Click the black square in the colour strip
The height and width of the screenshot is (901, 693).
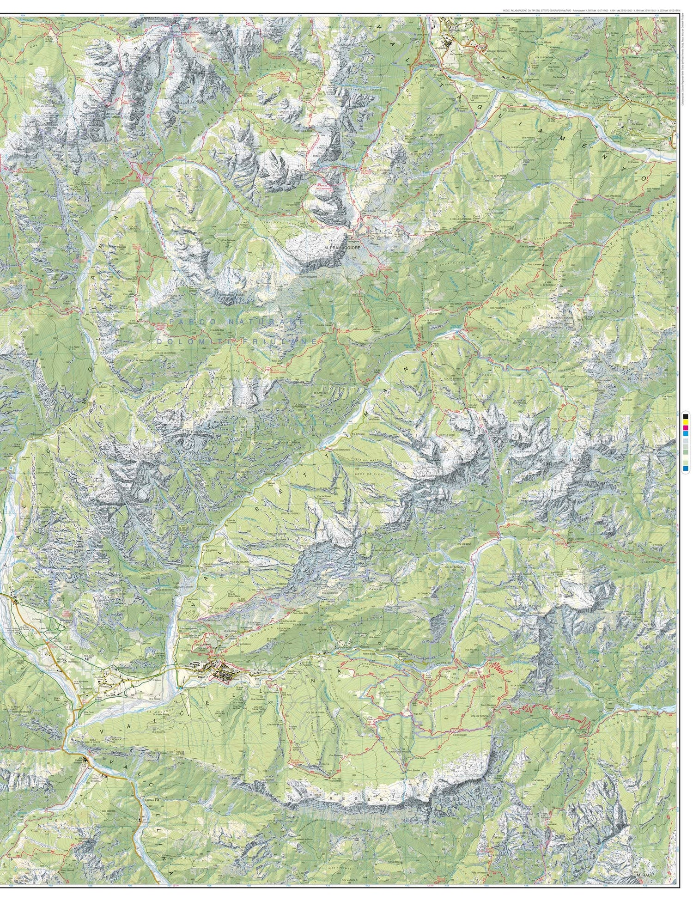[x=686, y=416]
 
